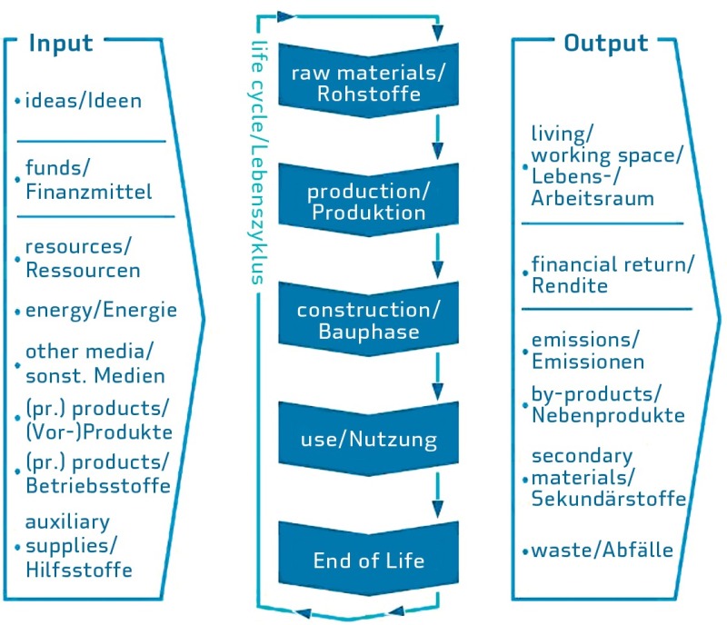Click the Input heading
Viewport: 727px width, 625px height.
(61, 44)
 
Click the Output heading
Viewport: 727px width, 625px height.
(606, 44)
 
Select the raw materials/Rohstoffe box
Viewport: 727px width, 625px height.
(369, 81)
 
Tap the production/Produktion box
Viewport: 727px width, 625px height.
(369, 200)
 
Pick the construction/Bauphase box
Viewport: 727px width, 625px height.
(369, 319)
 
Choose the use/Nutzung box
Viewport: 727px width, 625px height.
(369, 439)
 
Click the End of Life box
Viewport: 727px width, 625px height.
(369, 559)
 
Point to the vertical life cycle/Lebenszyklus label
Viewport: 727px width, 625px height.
(258, 163)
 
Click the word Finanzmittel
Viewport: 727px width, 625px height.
(88, 192)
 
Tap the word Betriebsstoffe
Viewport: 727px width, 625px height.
(98, 486)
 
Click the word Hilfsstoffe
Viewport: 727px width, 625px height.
(79, 570)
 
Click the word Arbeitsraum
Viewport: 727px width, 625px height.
(593, 198)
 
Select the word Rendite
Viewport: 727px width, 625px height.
(570, 285)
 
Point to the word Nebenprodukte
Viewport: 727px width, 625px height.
(608, 415)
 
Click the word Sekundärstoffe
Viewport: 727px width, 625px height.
(608, 499)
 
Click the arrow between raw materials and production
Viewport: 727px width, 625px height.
(437, 138)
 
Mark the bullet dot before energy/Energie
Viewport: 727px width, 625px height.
(17, 312)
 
